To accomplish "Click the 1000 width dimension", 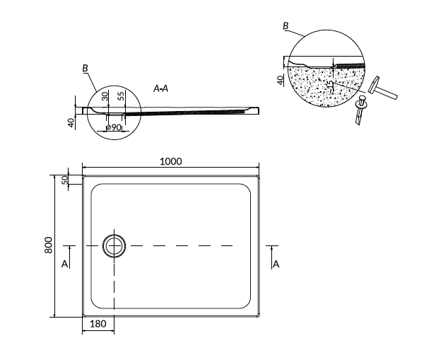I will (x=170, y=161).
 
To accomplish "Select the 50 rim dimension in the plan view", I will (x=64, y=180).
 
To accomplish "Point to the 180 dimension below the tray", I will (x=98, y=325).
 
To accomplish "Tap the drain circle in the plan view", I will (x=113, y=245).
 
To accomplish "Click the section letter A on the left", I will (x=64, y=264).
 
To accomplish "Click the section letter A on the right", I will (x=276, y=264).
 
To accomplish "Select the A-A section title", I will (x=160, y=88).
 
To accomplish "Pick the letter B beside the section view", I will (x=85, y=68).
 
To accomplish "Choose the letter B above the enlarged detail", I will (x=285, y=26).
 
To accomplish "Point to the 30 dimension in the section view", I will (x=105, y=96).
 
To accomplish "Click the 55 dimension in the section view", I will (x=121, y=95).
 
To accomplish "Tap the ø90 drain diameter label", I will (x=112, y=127).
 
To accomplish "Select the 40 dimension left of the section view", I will (x=71, y=122).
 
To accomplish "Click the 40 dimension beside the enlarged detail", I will (x=280, y=79).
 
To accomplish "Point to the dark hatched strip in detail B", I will (x=350, y=65).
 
